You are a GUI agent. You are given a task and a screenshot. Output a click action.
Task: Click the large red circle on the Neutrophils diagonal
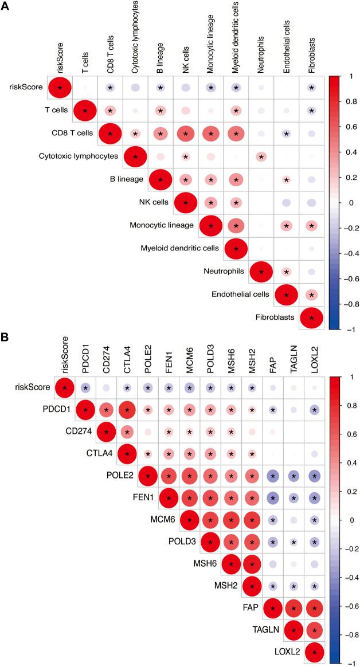(x=261, y=271)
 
